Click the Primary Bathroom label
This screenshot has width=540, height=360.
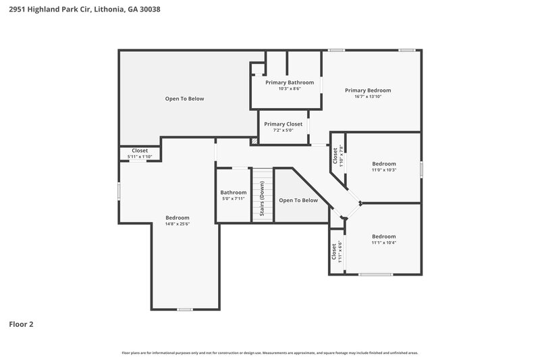[x=289, y=82]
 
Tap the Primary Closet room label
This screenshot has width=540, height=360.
[x=283, y=124]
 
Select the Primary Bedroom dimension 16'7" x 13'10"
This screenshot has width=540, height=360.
[x=368, y=97]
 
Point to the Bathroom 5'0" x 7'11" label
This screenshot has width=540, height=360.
[x=234, y=192]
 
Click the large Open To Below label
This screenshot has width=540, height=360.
[x=184, y=99]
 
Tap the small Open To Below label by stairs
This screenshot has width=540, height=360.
[x=298, y=201]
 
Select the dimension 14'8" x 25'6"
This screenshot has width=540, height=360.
[x=178, y=224]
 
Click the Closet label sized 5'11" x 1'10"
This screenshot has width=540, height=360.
[x=140, y=151]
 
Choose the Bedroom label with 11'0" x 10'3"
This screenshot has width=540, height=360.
[x=384, y=163]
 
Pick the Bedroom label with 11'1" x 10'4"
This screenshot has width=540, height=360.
[x=384, y=237]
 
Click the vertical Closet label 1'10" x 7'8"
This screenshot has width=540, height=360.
[x=337, y=156]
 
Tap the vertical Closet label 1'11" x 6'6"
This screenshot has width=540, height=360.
[x=335, y=251]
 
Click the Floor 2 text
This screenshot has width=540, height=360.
[x=21, y=324]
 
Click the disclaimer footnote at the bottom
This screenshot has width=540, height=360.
[x=270, y=353]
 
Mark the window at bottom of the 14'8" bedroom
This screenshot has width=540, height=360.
[x=185, y=309]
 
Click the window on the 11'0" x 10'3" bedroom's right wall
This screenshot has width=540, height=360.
[x=421, y=169]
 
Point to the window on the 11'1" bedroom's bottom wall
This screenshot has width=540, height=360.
[x=375, y=274]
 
